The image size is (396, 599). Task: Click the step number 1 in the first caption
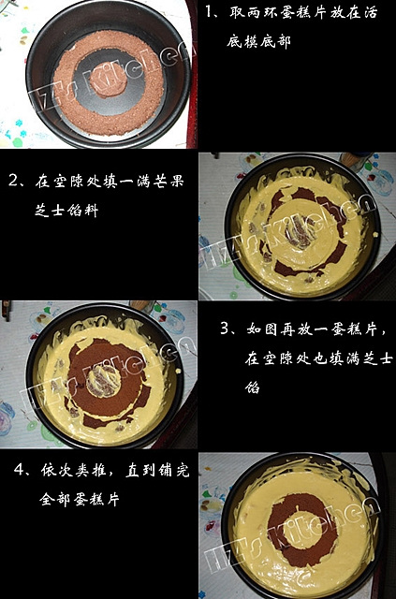[x=209, y=12]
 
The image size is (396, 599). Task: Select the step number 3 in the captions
[x=225, y=329]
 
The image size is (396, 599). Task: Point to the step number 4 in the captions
[x=19, y=469]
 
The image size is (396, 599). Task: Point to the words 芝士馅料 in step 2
[x=66, y=210]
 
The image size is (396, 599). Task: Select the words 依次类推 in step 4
[x=73, y=470]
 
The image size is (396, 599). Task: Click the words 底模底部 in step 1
[x=258, y=41]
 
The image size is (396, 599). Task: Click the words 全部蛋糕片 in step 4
[x=80, y=499]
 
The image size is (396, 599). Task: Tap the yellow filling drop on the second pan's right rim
[x=377, y=234]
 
